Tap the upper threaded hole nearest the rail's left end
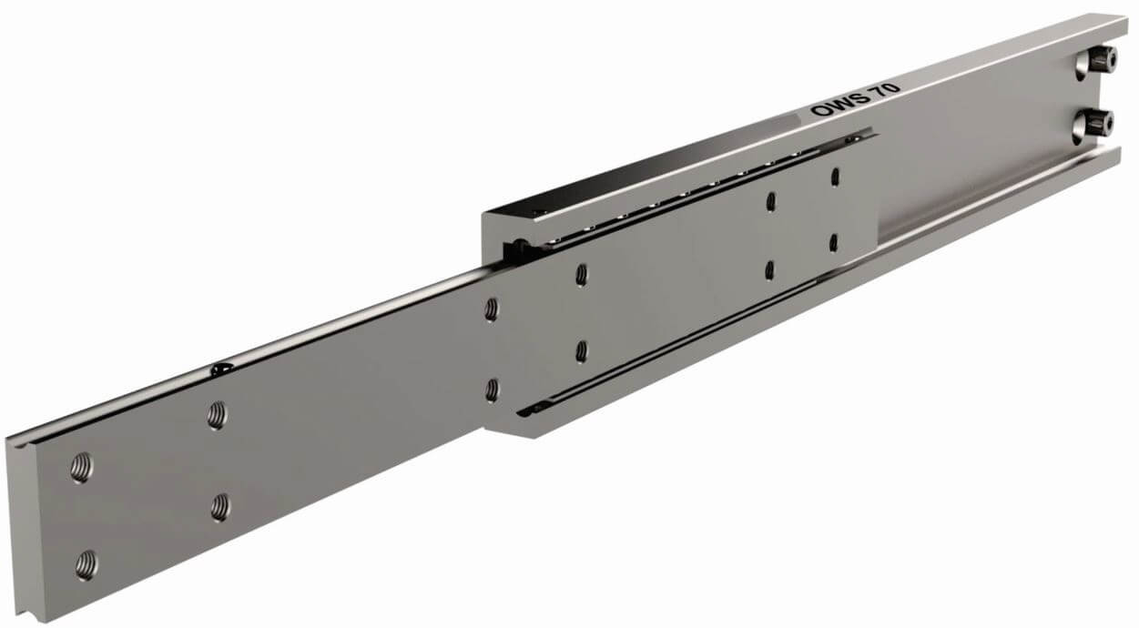pyautogui.click(x=81, y=467)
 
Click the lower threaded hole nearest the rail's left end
pyautogui.click(x=86, y=564)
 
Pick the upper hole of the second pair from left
pyautogui.click(x=217, y=415)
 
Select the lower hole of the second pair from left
pyautogui.click(x=220, y=507)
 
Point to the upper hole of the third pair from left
pyautogui.click(x=491, y=309)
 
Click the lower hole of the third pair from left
pyautogui.click(x=492, y=390)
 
